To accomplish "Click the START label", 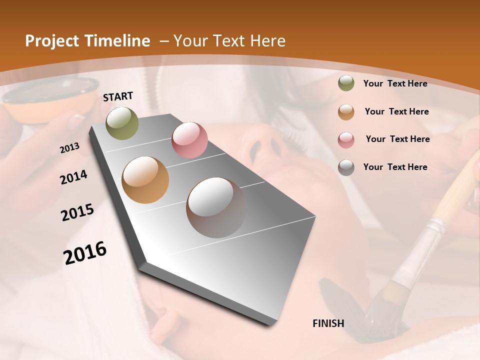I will pos(118,96).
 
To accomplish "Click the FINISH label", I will pos(328,323).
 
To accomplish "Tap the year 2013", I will pos(70,148).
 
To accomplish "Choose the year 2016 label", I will pos(85,252).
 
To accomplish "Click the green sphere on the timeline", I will pos(122,123).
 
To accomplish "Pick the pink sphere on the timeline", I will pos(189,140).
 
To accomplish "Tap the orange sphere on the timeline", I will pos(145,180).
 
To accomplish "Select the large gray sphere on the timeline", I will pos(216,207).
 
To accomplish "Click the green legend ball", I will pos(346,83).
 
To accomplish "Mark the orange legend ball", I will pos(346,112).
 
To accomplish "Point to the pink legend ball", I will pos(346,140).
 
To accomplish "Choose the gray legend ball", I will pos(346,167).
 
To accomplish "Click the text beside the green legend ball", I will pos(395,83).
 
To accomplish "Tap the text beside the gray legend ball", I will pos(395,167).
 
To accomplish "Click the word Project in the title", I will pos(51,41).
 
